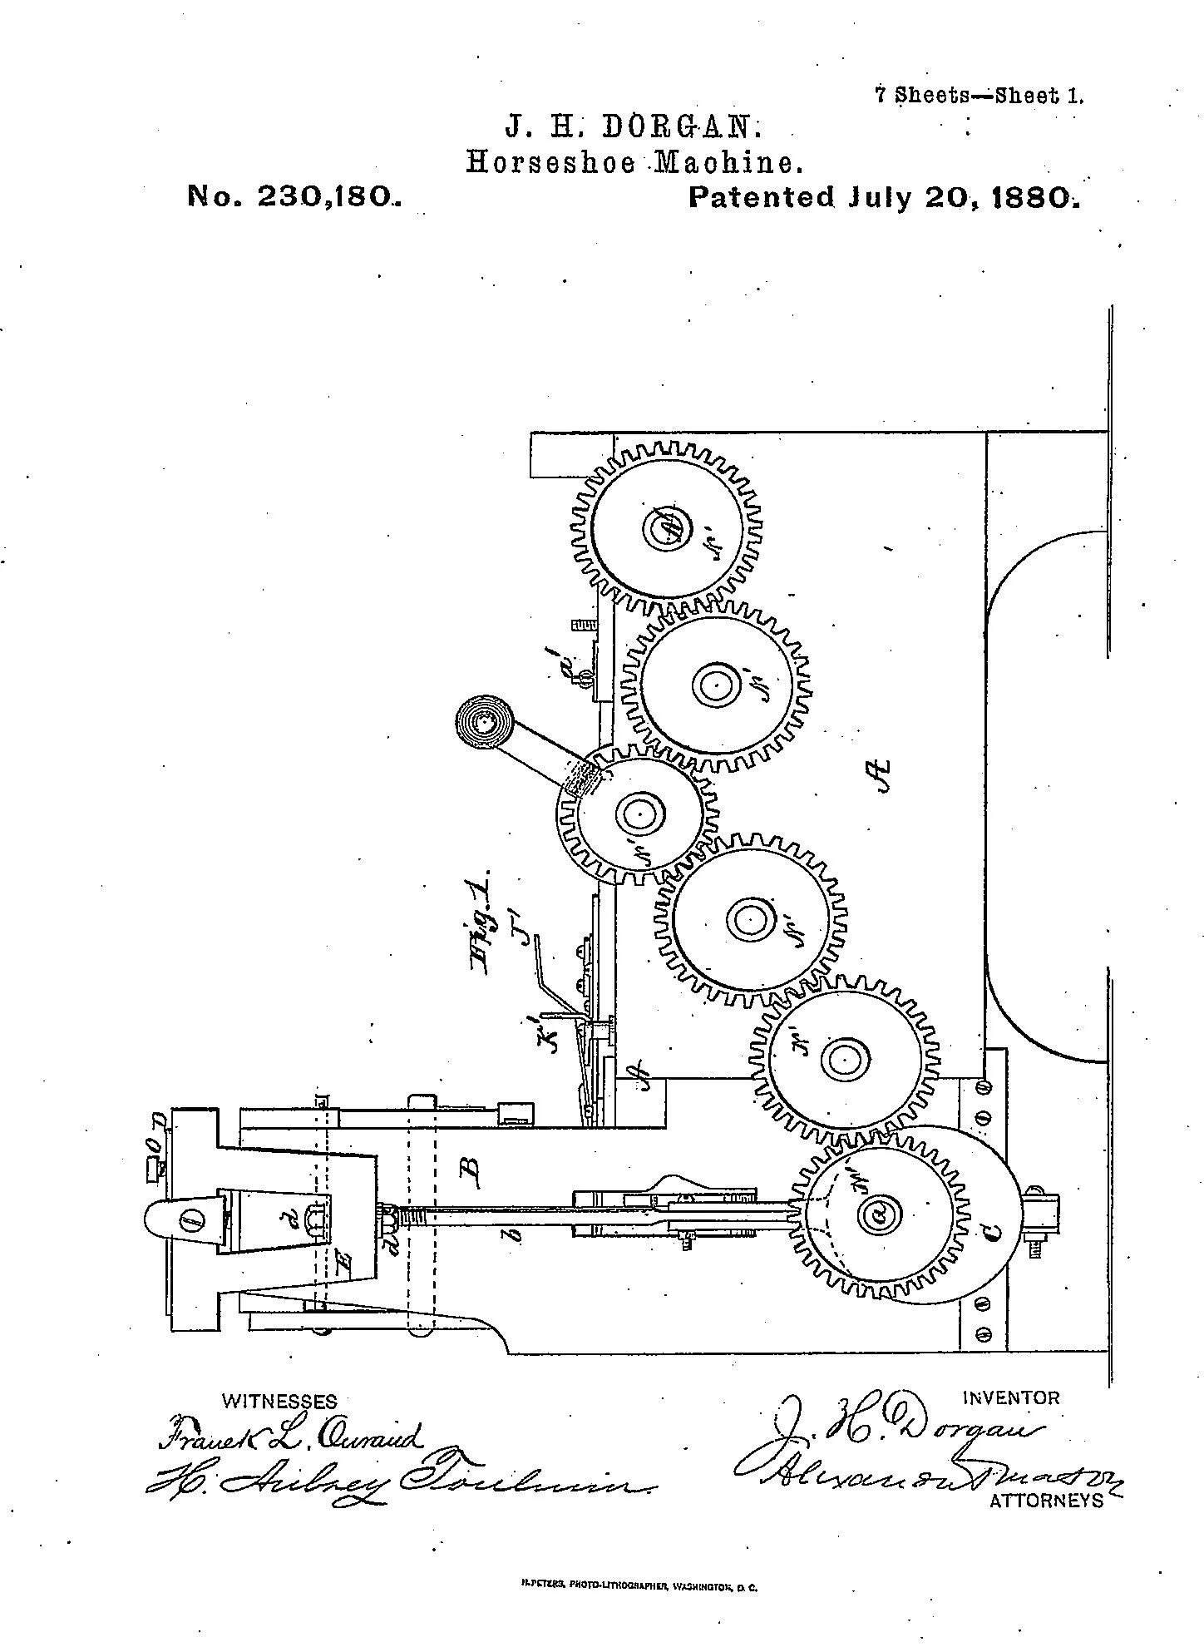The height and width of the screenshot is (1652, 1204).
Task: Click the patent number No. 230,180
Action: coord(294,196)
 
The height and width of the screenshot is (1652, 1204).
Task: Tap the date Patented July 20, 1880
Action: coord(885,197)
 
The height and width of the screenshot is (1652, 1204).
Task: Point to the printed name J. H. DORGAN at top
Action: coord(634,127)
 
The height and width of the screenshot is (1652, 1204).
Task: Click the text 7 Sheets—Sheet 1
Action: coord(979,95)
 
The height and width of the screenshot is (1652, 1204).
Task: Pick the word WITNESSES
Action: coord(279,1402)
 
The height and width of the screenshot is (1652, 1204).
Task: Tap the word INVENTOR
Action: coord(1011,1397)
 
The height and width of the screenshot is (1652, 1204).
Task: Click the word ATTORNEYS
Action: coord(1046,1500)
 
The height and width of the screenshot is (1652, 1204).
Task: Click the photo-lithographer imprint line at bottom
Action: coord(633,1587)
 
